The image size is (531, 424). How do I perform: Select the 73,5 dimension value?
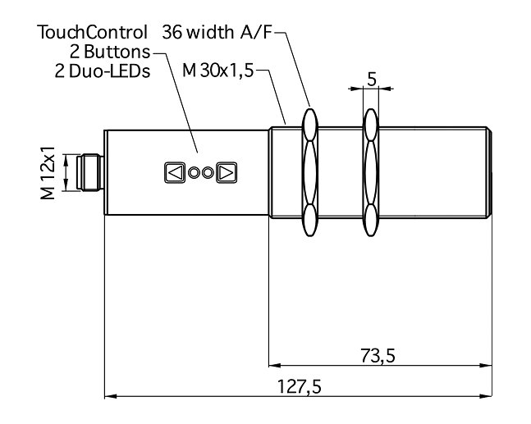pos(378,355)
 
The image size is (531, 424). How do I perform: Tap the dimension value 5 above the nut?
pos(371,80)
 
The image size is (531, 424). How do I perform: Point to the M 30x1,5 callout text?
pos(218,71)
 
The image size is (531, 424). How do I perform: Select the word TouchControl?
pos(93,33)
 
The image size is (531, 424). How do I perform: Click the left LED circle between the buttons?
pos(195,173)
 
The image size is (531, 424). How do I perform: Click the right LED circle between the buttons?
pos(208,173)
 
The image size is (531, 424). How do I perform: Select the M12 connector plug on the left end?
pos(89,173)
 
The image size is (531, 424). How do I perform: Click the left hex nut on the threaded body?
pos(309,173)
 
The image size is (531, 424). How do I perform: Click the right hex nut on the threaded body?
pos(371,173)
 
